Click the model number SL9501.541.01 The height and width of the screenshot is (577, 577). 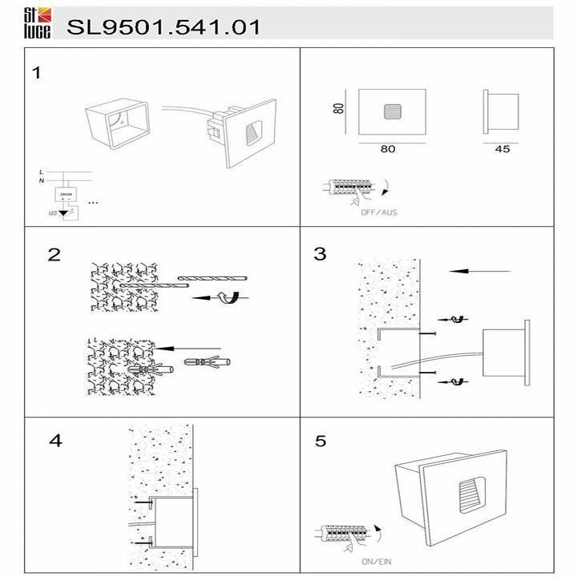(164, 26)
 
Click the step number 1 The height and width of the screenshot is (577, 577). (36, 74)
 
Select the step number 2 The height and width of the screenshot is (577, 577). (54, 255)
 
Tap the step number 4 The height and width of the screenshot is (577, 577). (55, 441)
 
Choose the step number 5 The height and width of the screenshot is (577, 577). (321, 442)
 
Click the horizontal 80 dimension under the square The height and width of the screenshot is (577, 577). (388, 148)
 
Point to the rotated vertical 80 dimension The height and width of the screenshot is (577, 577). (340, 110)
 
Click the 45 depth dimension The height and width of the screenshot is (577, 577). (502, 148)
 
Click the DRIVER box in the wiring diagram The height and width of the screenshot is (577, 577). (66, 195)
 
